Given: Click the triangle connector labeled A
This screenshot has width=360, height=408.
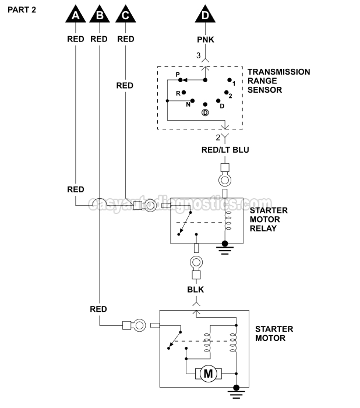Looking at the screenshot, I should pos(76,15).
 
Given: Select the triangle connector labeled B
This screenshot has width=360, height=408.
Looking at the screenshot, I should pos(100,15).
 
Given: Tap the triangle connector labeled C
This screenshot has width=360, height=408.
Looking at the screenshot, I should pos(125,15).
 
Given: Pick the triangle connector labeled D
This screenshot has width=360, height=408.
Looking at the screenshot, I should pos(204,15).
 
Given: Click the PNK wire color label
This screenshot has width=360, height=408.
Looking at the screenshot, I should pos(204,40).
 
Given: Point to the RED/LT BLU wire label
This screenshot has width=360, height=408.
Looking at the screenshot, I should pos(225,150).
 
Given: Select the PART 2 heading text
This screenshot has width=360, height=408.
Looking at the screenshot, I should pos(22,10).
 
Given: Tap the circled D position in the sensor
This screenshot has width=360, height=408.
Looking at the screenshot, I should pos(205,112).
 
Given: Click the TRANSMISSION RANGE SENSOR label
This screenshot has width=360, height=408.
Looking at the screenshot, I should pos(278,81).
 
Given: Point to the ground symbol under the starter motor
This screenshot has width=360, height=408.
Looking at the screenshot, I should pos(237,395).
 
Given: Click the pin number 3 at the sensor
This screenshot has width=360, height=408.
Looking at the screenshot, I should pos(198,56).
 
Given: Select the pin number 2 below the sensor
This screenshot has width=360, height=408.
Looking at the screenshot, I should pos(218,138).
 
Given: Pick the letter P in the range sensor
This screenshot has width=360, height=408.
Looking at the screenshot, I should pos(178,75).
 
